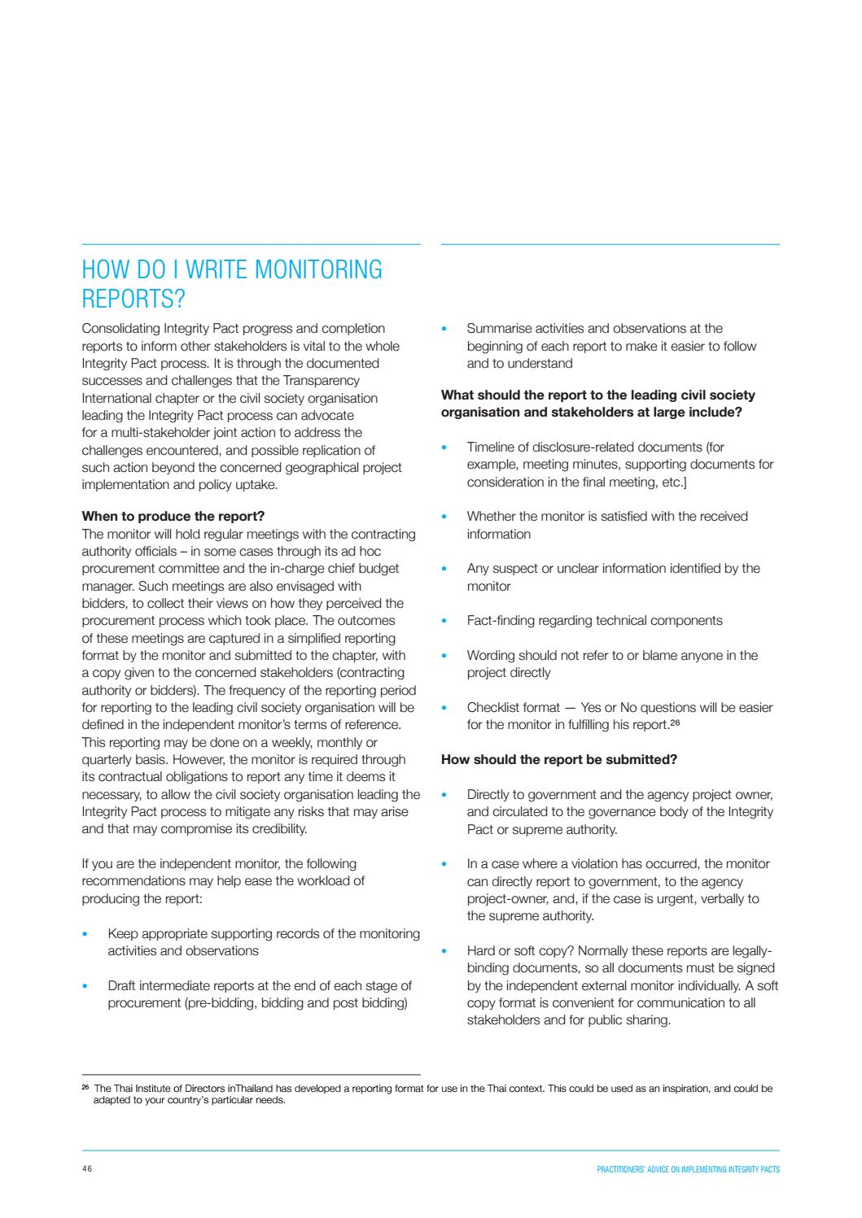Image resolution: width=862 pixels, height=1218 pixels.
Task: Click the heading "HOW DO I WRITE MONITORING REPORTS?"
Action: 232,284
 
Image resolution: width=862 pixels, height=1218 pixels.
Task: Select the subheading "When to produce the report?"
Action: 173,517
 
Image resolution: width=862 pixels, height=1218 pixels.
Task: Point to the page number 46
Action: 87,1169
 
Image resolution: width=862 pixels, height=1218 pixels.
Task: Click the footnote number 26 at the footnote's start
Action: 85,1087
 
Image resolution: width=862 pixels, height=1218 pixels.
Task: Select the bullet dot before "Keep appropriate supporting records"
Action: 85,934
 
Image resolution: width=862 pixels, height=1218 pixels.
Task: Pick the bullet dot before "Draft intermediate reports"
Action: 85,986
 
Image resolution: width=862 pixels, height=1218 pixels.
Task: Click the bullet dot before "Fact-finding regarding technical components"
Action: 444,621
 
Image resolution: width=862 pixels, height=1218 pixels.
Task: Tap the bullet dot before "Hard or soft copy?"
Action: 444,951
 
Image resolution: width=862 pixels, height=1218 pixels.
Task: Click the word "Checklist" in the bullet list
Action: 491,708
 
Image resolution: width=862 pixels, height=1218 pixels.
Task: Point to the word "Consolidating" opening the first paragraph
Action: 120,329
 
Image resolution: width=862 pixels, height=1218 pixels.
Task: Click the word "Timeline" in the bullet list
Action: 490,447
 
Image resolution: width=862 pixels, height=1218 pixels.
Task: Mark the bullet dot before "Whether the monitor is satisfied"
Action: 444,517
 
